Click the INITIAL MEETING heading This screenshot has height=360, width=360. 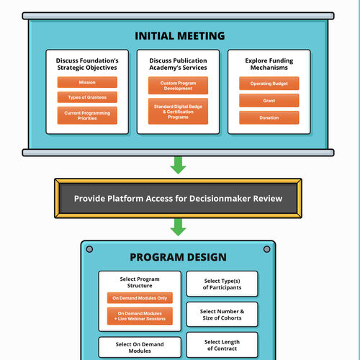[179, 35]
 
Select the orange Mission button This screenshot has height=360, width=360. [87, 83]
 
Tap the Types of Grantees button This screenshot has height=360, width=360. [87, 97]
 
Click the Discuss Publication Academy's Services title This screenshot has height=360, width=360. [178, 63]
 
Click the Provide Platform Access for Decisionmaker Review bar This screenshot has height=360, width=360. [179, 198]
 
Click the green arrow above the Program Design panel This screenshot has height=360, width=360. [179, 229]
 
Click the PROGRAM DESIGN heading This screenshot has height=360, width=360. [178, 257]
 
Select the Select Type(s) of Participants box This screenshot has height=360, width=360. [222, 284]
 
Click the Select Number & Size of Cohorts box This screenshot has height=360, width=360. [222, 315]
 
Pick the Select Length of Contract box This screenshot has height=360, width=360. [222, 345]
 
